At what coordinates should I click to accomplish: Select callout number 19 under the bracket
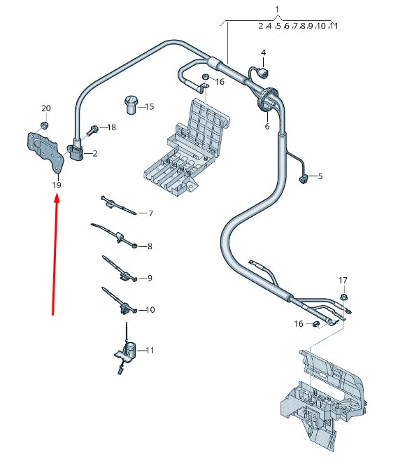(x=57, y=185)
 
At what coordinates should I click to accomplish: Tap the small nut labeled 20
(x=43, y=125)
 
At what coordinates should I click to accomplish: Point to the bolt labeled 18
(x=92, y=129)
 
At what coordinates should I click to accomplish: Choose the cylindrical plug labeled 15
(x=130, y=104)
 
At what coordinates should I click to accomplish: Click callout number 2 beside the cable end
(x=95, y=153)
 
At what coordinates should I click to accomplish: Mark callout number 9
(x=149, y=278)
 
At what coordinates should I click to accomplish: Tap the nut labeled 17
(x=343, y=298)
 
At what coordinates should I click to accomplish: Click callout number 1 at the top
(x=277, y=10)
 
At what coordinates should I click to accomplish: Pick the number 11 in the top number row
(x=333, y=26)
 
